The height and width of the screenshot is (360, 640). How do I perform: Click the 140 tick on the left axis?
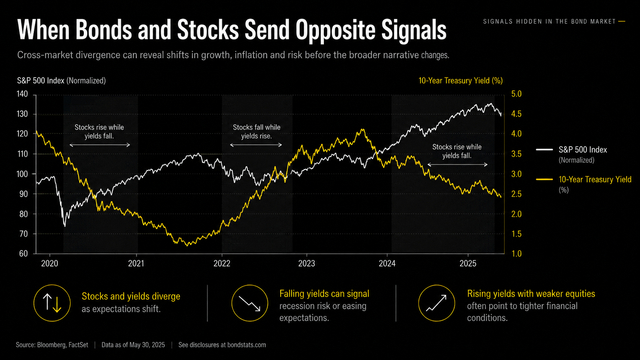click(22, 94)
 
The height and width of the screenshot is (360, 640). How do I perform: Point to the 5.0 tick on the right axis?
click(516, 94)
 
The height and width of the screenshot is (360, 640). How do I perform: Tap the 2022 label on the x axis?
click(222, 263)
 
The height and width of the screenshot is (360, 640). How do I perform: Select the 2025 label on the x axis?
click(468, 263)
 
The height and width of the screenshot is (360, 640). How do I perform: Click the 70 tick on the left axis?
click(23, 234)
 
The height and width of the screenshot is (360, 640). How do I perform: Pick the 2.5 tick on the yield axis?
click(516, 194)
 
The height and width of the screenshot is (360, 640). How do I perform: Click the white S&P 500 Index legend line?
click(544, 150)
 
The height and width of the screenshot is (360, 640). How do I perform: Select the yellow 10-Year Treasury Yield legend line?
click(544, 179)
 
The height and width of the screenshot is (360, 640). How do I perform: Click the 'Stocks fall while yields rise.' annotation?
click(256, 132)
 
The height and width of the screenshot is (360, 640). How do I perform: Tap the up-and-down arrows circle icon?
click(52, 303)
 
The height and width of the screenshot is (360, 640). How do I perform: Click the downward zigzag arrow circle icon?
click(250, 303)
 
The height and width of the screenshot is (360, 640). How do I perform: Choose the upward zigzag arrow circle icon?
click(437, 303)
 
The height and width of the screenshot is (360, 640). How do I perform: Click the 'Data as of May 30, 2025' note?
click(133, 345)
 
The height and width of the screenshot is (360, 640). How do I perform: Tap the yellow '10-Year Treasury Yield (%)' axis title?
click(460, 81)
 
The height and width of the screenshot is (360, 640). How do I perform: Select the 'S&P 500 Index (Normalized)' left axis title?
click(61, 81)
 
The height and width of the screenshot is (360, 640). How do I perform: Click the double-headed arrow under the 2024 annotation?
click(457, 165)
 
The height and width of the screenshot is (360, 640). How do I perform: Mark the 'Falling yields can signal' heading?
click(324, 293)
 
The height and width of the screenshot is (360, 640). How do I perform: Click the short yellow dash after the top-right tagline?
click(622, 21)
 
